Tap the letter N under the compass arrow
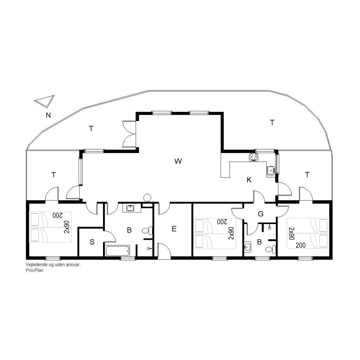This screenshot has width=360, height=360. pos(48,115)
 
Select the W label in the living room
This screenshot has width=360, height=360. pos(178,161)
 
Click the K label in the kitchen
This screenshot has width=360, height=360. pos(249,180)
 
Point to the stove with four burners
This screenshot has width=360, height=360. pos(254,157)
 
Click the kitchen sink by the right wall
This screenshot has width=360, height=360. pos(271,171)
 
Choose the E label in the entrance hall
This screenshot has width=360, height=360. pos(174,229)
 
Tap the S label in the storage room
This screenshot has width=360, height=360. pos(92,242)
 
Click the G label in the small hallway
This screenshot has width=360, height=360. pos(261,214)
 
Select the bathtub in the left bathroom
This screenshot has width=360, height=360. pos(118,251)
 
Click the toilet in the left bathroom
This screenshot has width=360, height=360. pos(147,231)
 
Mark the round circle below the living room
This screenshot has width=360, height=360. pos(147,198)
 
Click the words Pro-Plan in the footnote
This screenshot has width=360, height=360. pos(34,270)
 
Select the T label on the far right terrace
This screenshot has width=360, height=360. pos(307,175)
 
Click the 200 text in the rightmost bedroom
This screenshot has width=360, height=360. pos(301,245)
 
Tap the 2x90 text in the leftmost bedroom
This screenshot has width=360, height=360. pos(66,227)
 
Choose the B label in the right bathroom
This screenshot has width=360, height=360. pos(260,242)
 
